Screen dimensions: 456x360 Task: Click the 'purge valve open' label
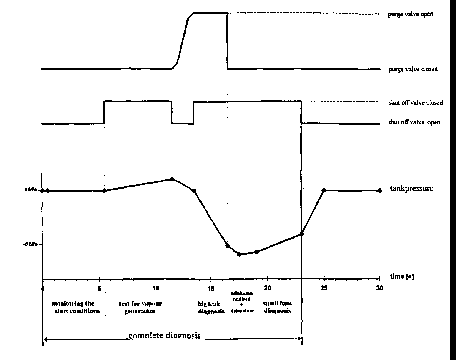pyautogui.click(x=410, y=14)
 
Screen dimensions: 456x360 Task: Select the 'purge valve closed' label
pyautogui.click(x=413, y=70)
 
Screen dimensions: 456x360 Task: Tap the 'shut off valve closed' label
pyautogui.click(x=416, y=103)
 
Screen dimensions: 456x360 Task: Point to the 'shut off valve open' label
pyautogui.click(x=414, y=122)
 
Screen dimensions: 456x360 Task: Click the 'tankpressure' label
pyautogui.click(x=411, y=188)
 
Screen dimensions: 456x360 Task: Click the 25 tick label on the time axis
pyautogui.click(x=324, y=288)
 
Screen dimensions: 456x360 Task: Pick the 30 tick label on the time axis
pyautogui.click(x=379, y=288)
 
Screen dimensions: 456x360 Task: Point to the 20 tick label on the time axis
pyautogui.click(x=268, y=288)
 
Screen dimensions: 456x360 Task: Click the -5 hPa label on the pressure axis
pyautogui.click(x=31, y=244)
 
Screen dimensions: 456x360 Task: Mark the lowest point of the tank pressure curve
pyautogui.click(x=239, y=254)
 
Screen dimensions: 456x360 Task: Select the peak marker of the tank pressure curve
pyautogui.click(x=172, y=179)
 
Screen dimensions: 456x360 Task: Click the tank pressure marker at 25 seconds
pyautogui.click(x=324, y=190)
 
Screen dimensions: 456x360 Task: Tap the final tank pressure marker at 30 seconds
pyautogui.click(x=379, y=190)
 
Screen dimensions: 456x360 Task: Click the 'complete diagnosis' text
pyautogui.click(x=165, y=336)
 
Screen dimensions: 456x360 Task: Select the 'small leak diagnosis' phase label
pyautogui.click(x=277, y=307)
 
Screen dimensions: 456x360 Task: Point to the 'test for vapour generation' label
pyautogui.click(x=140, y=307)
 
